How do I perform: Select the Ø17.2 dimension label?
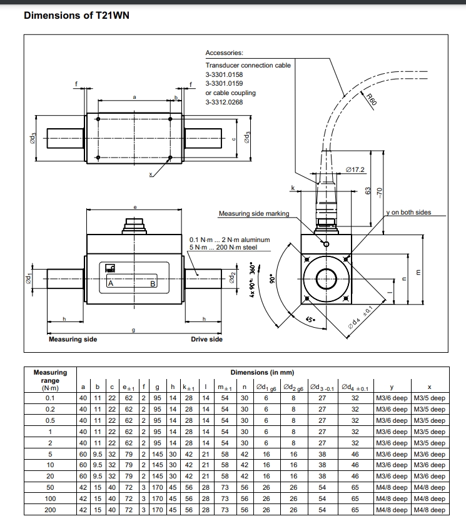[355, 169]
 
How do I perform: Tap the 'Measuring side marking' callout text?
[253, 214]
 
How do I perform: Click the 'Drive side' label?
[206, 340]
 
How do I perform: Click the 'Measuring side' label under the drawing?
[73, 340]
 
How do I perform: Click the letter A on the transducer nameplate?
[111, 283]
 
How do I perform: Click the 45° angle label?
[310, 320]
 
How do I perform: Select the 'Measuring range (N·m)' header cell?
[50, 380]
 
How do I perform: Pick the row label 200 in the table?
[50, 510]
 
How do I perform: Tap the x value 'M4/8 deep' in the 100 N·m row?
[429, 499]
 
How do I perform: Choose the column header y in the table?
[391, 387]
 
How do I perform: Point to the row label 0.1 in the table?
[50, 398]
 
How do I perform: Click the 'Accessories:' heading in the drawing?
[224, 54]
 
